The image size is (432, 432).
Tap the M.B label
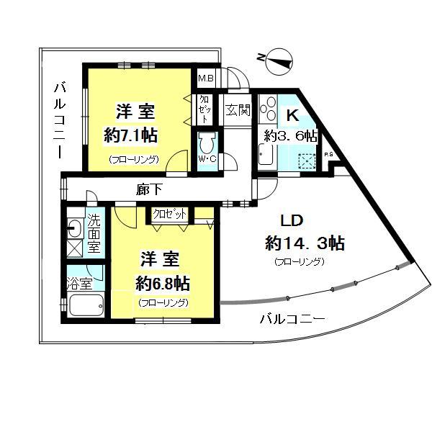point(206,78)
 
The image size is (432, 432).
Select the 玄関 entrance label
point(238,110)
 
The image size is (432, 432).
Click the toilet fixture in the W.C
point(208,143)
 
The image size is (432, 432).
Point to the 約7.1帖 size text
point(130,135)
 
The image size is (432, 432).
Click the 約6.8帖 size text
point(163,284)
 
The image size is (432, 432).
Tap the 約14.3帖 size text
point(305,243)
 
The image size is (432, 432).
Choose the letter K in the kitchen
point(293,115)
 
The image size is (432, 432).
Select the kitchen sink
point(266,155)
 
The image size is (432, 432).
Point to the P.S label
point(328,155)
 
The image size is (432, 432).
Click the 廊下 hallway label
point(149,189)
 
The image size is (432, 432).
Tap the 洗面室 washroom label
point(94,233)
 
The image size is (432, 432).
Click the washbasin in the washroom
point(74,228)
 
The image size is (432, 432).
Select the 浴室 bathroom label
point(79,284)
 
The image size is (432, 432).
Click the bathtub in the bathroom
point(86,305)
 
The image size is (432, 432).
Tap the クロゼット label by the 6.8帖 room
point(169,214)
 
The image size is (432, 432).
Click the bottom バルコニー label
point(292,319)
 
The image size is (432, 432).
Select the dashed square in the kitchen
point(306,161)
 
